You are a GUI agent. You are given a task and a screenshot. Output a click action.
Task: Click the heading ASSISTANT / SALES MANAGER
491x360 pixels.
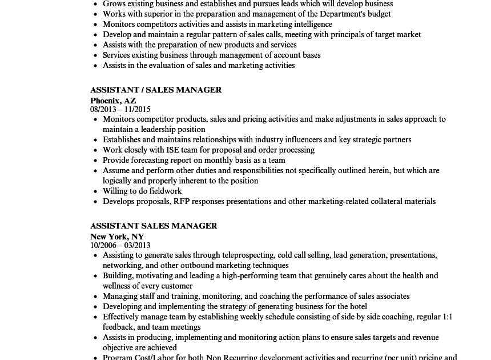click(156, 90)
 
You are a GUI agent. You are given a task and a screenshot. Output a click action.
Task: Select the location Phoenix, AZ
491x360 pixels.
click(113, 101)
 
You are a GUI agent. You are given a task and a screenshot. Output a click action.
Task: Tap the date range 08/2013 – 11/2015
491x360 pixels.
click(120, 109)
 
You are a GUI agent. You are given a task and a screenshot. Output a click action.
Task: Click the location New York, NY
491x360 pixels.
click(117, 237)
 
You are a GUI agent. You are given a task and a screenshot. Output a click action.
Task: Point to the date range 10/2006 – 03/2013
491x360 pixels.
click(120, 245)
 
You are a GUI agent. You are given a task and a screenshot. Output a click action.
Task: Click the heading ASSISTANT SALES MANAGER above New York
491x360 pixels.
click(154, 226)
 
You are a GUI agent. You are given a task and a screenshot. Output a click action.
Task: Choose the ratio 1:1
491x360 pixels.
click(447, 317)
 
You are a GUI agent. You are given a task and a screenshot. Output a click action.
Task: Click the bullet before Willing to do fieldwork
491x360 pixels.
click(95, 191)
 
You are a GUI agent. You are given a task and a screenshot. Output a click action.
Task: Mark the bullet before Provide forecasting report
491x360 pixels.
click(95, 161)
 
